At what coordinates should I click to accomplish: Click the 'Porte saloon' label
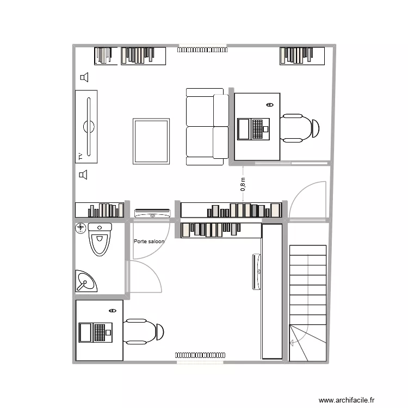(x=149, y=241)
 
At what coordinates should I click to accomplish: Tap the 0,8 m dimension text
(x=243, y=184)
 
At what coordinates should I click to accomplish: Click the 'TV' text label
(x=80, y=157)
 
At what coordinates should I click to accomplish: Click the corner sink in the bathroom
(x=85, y=281)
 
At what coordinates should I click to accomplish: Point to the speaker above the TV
(x=84, y=78)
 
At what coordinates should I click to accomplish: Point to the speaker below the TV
(x=84, y=175)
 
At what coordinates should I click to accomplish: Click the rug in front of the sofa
(x=151, y=141)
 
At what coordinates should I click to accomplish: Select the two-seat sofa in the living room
(x=207, y=126)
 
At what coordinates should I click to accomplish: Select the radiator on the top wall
(x=202, y=50)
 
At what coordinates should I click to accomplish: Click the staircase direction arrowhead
(x=292, y=342)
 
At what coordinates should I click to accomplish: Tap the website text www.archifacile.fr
(x=347, y=400)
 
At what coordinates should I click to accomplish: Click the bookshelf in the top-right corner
(x=302, y=55)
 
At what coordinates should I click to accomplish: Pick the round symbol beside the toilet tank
(x=81, y=227)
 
